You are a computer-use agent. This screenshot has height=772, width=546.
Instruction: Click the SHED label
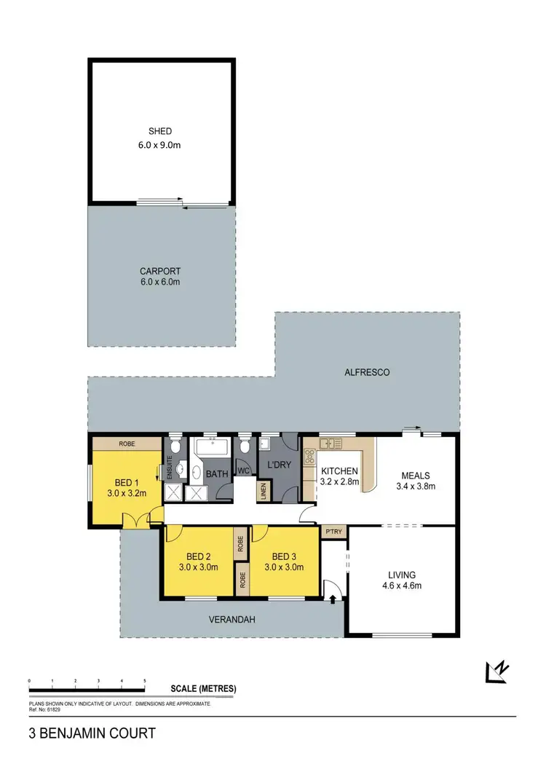pos(160,131)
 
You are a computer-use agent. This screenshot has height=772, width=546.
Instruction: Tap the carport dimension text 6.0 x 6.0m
pos(160,282)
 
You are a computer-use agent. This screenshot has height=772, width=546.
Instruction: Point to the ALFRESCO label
pos(367,372)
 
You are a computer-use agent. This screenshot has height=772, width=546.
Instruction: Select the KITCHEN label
pos(339,470)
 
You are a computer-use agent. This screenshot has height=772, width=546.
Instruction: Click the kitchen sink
pos(332,442)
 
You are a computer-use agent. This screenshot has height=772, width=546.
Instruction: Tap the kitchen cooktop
pos(309,457)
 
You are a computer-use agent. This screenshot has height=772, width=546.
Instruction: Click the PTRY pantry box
pos(334,532)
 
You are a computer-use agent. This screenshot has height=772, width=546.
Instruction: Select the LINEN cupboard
pos(262,492)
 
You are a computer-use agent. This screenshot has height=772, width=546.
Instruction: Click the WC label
pos(245,471)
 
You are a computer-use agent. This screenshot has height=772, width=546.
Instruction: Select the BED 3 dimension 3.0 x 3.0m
pos(282,567)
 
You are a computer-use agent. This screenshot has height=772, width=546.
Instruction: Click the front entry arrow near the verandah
pos(333,599)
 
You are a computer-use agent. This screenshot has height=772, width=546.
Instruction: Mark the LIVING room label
pos(402,575)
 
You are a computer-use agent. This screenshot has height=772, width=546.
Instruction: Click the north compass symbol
pos(498,671)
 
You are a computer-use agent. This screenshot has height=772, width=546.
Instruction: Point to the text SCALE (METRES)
pos(203,688)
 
